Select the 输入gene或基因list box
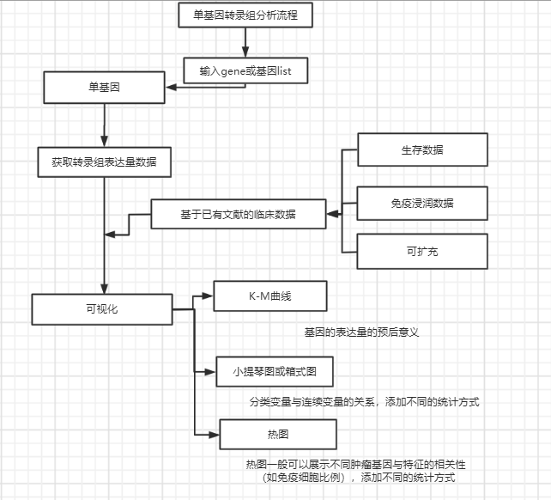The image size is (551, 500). click(x=245, y=70)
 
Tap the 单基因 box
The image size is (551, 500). click(x=104, y=86)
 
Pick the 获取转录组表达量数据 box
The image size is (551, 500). click(x=104, y=161)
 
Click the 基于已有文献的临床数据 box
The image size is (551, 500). click(x=239, y=214)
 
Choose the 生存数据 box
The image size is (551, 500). click(x=421, y=149)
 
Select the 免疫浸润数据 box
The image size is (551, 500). click(x=421, y=203)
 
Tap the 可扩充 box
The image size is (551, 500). click(x=421, y=252)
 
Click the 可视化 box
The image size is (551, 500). click(x=102, y=308)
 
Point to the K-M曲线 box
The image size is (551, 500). click(x=270, y=296)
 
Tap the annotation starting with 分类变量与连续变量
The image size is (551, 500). click(x=364, y=401)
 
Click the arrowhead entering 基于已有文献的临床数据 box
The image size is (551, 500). click(x=331, y=214)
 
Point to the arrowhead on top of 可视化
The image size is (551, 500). click(x=104, y=290)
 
